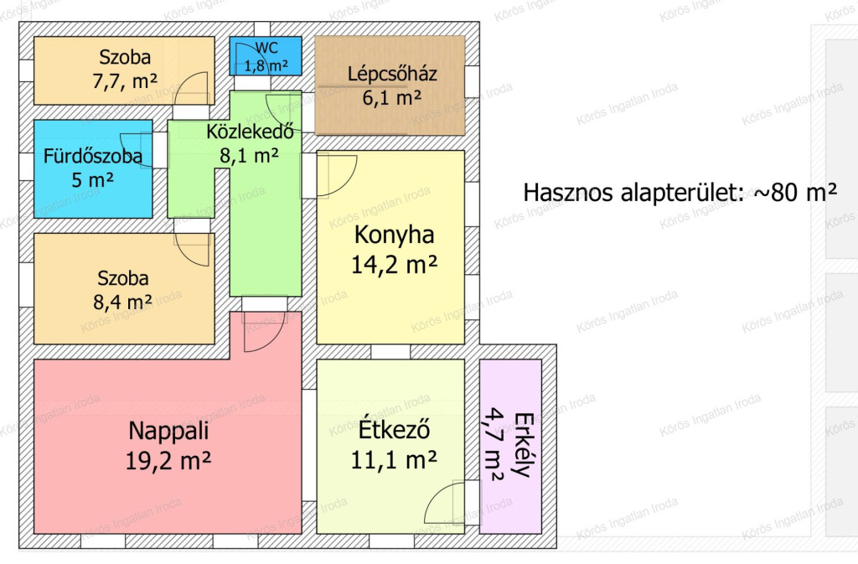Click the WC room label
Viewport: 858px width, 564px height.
[266, 48]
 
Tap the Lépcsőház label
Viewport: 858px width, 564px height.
[392, 75]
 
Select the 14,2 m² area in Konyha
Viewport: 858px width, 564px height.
[394, 265]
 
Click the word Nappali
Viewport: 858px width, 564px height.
[168, 431]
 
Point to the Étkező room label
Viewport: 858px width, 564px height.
[394, 429]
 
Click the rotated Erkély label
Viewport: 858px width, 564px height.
[523, 445]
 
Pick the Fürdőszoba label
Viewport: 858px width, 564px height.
[93, 157]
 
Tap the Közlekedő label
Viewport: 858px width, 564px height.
[250, 132]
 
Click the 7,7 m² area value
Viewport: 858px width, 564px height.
[125, 81]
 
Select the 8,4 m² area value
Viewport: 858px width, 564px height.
[122, 303]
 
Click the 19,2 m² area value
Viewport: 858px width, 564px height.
[168, 461]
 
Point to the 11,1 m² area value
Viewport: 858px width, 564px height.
[394, 460]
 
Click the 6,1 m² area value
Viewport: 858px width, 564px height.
[392, 98]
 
